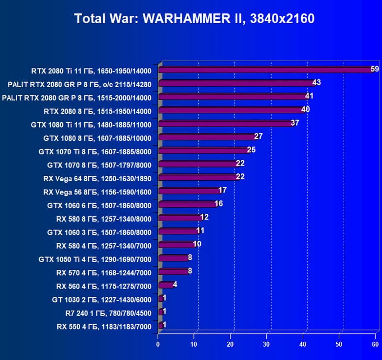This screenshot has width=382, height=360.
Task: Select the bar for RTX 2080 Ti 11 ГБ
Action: (266, 70)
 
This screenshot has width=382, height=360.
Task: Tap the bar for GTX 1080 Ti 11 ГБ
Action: (226, 124)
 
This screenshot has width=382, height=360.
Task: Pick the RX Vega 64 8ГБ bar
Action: (198, 177)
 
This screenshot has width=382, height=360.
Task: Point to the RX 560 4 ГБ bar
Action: (166, 285)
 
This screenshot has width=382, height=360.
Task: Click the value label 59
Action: (375, 69)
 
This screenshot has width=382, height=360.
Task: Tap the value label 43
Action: (317, 82)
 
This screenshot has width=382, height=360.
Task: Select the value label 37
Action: (295, 123)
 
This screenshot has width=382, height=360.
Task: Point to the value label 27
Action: (258, 136)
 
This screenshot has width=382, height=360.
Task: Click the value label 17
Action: (223, 190)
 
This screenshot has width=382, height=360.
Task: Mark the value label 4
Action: (175, 284)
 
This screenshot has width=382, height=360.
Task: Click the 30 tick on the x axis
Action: (267, 344)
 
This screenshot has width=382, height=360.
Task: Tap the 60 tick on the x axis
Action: (376, 344)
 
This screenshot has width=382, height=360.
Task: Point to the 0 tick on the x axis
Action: (158, 344)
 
